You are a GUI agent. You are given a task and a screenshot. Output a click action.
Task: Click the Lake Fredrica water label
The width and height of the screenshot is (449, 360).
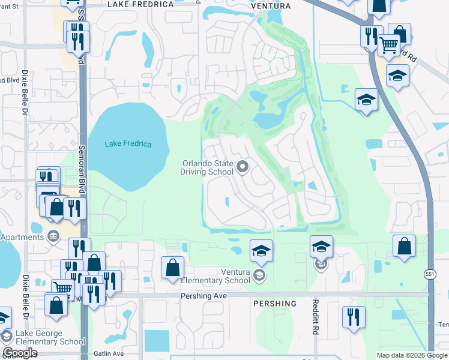128,143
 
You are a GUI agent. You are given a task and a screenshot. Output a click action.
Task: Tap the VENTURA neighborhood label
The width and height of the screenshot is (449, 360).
271,6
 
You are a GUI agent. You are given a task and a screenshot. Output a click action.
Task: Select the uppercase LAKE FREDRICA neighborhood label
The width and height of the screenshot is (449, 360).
140,4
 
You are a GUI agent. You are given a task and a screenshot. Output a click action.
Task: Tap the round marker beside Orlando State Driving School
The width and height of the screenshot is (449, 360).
243,167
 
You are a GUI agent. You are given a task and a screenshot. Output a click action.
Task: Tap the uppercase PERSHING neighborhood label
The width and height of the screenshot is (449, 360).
274,304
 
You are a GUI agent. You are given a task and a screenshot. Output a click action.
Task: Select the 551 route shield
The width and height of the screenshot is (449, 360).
428,273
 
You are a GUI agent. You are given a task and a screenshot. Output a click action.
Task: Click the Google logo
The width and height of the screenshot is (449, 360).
20,353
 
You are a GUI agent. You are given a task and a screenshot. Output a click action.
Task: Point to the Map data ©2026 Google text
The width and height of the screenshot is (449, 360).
412,355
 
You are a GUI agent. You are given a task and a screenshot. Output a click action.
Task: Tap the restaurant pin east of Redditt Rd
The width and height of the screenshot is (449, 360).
354,316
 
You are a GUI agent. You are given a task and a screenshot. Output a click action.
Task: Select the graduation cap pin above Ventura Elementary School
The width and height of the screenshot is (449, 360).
261,250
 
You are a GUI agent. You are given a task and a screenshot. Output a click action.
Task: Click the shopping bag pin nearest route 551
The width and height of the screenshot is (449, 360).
405,245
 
